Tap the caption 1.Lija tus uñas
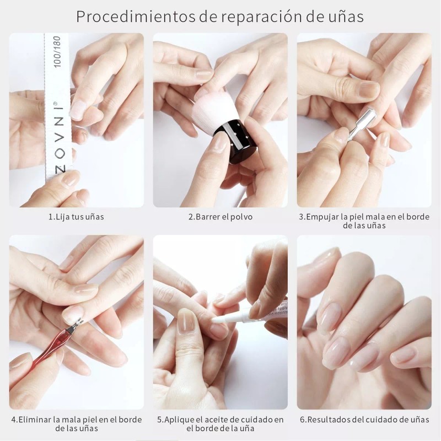tap(76, 217)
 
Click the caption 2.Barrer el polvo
tap(220, 217)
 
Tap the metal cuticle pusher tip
tap(367, 117)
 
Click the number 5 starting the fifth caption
tap(160, 420)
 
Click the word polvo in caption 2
tap(241, 217)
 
